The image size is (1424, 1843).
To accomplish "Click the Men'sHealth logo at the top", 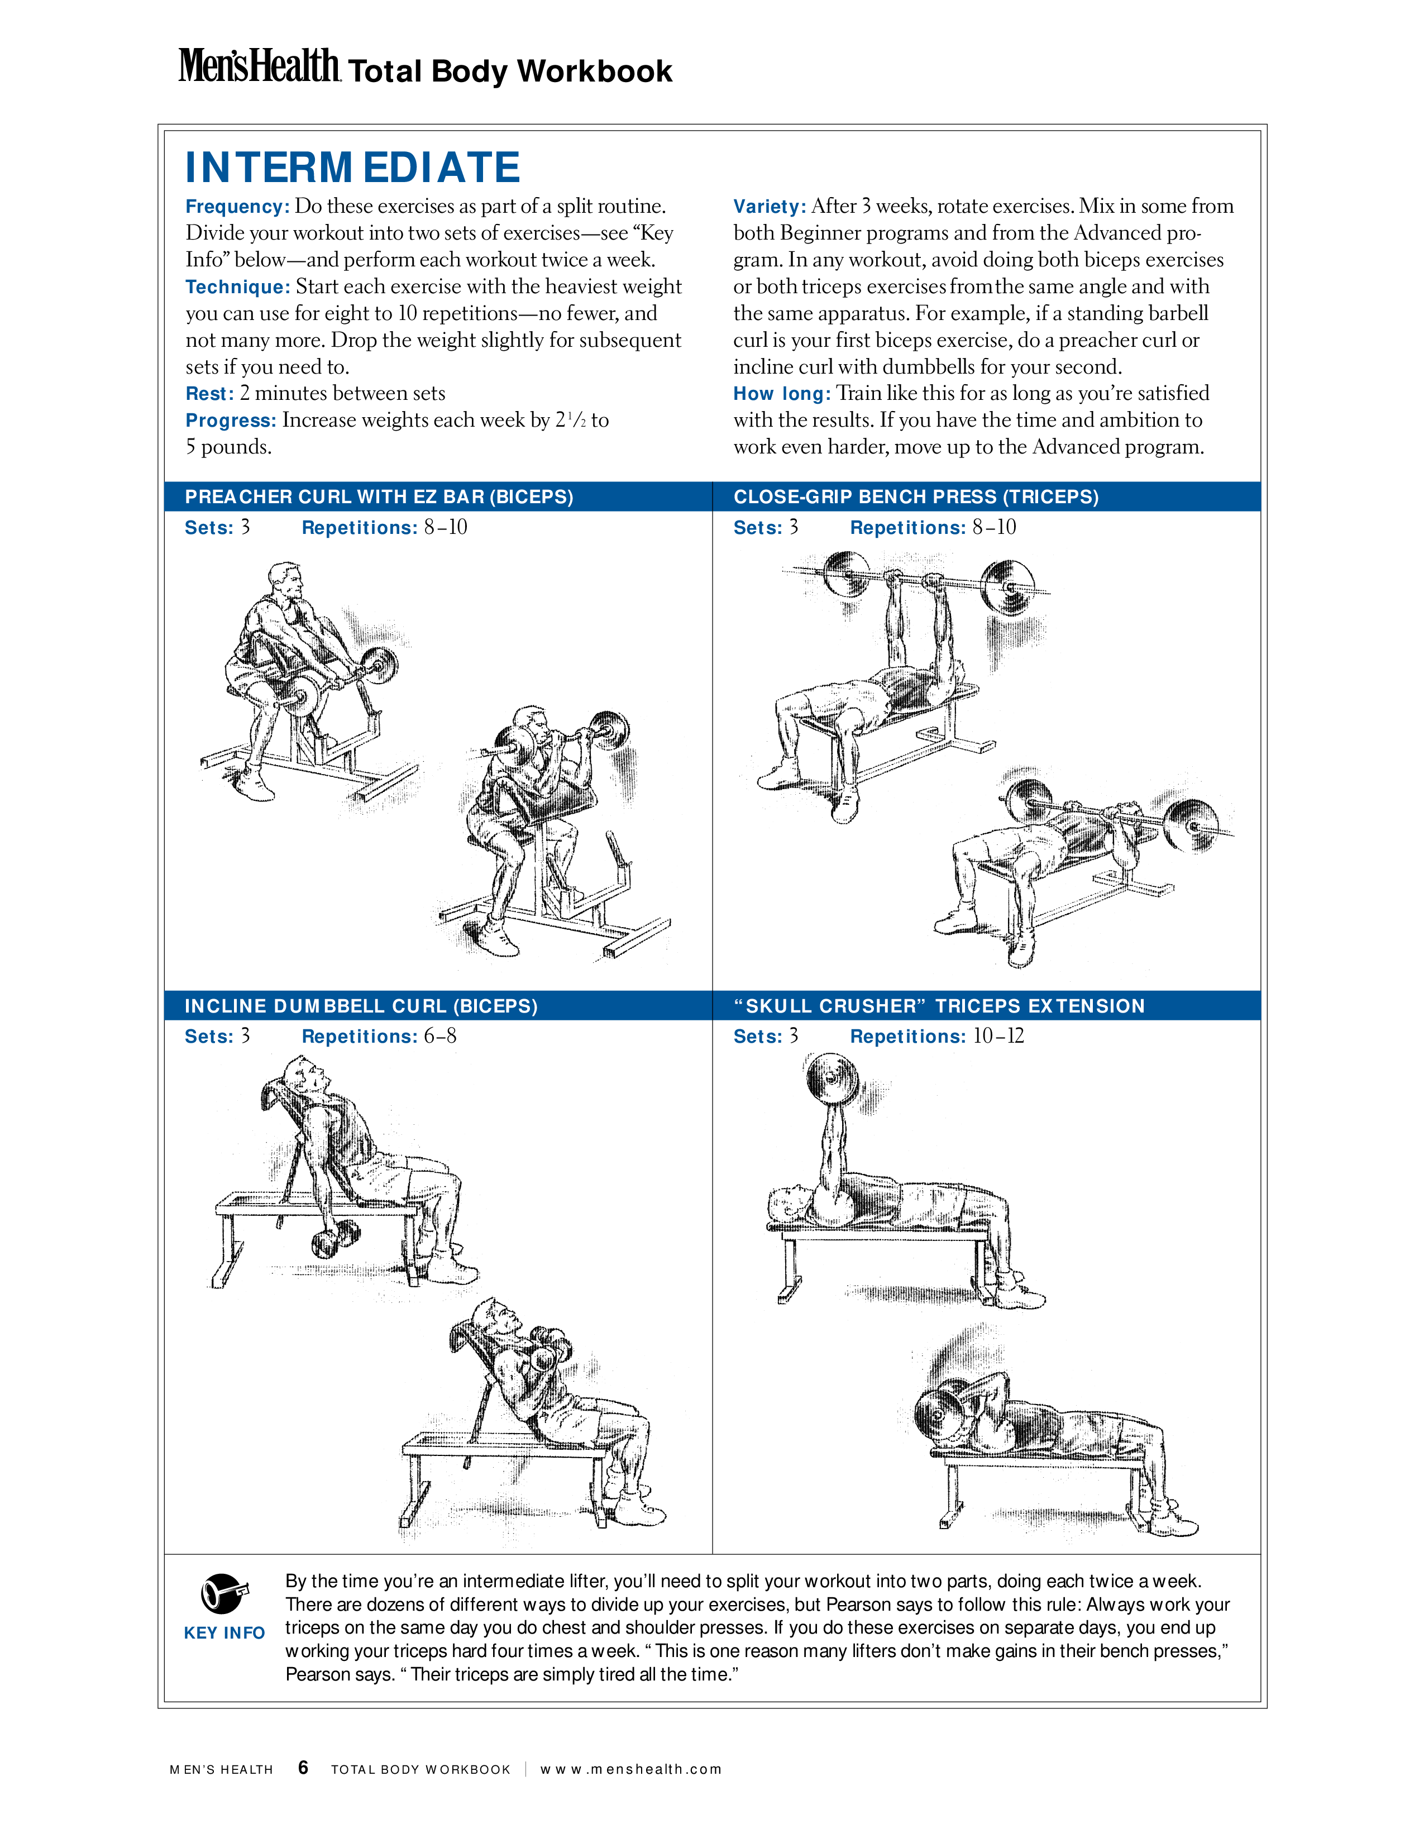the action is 259,66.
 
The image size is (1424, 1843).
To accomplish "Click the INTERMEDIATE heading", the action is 352,167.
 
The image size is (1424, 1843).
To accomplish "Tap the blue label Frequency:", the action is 237,207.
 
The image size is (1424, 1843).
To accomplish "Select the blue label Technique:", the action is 238,287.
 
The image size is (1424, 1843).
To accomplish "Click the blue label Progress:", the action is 230,420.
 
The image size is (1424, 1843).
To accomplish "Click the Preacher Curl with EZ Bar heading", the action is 379,497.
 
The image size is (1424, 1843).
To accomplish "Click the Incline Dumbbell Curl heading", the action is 361,1006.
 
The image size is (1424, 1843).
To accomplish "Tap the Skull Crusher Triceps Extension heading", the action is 939,1006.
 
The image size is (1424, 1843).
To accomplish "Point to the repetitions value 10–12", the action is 999,1036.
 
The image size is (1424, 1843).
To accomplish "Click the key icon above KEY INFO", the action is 224,1593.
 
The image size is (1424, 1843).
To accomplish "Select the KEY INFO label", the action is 224,1633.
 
